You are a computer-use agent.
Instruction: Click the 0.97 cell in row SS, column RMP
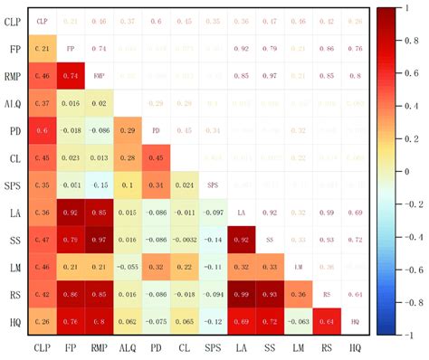coord(100,240)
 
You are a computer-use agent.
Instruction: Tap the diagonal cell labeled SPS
coord(213,185)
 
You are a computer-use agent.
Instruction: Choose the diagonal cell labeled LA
coord(242,213)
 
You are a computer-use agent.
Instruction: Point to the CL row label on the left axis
coord(13,156)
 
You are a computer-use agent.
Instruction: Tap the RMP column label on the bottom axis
coord(100,347)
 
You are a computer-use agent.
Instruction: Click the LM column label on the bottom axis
coord(299,347)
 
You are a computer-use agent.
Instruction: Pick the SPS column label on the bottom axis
coord(213,347)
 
